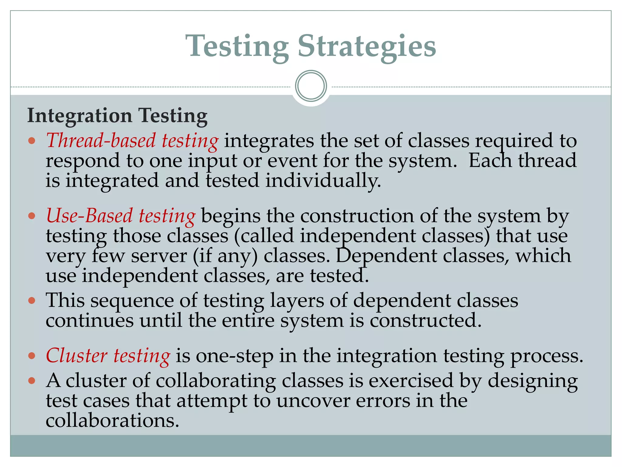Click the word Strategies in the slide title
point(367,46)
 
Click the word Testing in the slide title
point(238,46)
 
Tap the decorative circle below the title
point(311,86)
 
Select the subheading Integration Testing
point(117,116)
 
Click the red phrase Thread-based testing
point(132,141)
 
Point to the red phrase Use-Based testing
point(121,216)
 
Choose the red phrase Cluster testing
point(108,356)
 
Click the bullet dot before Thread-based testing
point(32,141)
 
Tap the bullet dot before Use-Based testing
point(32,216)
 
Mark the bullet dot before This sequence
point(32,301)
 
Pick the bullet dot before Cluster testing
point(32,355)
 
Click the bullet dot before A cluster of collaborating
point(32,380)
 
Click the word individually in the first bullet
point(323,181)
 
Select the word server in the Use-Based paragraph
point(159,256)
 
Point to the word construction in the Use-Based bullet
point(357,216)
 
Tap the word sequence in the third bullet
point(132,301)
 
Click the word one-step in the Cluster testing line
point(234,356)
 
